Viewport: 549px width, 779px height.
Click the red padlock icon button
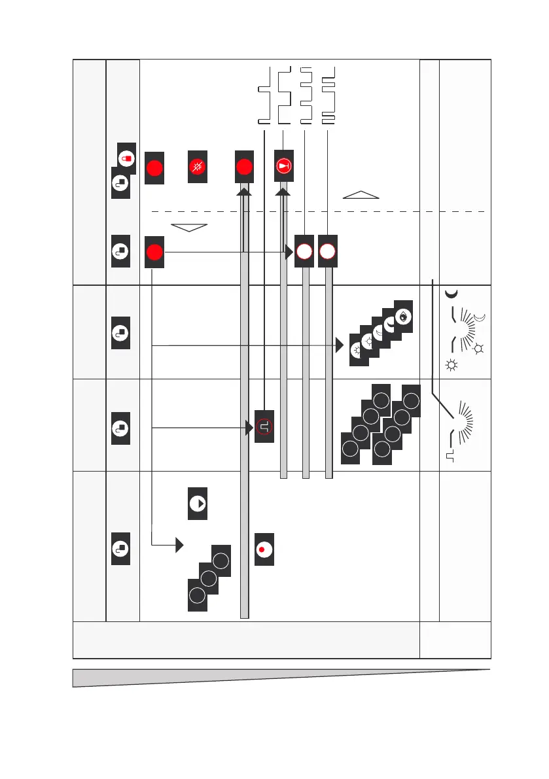tap(127, 158)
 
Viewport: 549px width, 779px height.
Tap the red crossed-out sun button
tap(197, 167)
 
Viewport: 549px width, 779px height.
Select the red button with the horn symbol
tap(284, 167)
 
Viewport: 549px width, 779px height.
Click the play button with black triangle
tap(197, 504)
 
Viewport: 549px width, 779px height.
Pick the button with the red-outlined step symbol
tap(264, 428)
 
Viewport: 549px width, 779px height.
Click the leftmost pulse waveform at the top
tap(264, 95)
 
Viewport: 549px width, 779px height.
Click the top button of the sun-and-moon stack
tap(403, 316)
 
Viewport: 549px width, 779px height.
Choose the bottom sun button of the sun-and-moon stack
tap(357, 351)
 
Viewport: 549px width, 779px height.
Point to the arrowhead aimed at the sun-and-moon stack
tap(340, 345)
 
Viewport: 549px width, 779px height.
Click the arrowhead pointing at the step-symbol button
tap(249, 428)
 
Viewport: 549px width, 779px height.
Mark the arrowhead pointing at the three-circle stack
tap(179, 544)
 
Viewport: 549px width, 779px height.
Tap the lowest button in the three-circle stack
tap(197, 595)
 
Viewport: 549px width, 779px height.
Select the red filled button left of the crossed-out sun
tap(154, 167)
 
